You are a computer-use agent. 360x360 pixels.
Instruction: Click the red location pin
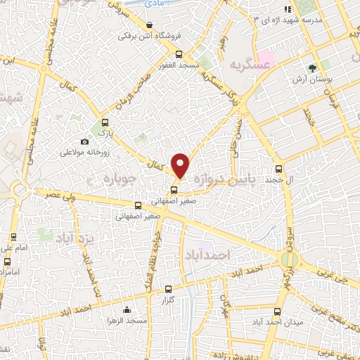click(181, 165)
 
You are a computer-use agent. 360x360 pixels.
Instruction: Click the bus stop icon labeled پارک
click(105, 124)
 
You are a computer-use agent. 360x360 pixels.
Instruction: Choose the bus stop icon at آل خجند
click(279, 168)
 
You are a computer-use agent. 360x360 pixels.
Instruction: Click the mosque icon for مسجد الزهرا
click(127, 309)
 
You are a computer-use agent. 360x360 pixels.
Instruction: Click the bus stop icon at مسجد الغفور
click(179, 53)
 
